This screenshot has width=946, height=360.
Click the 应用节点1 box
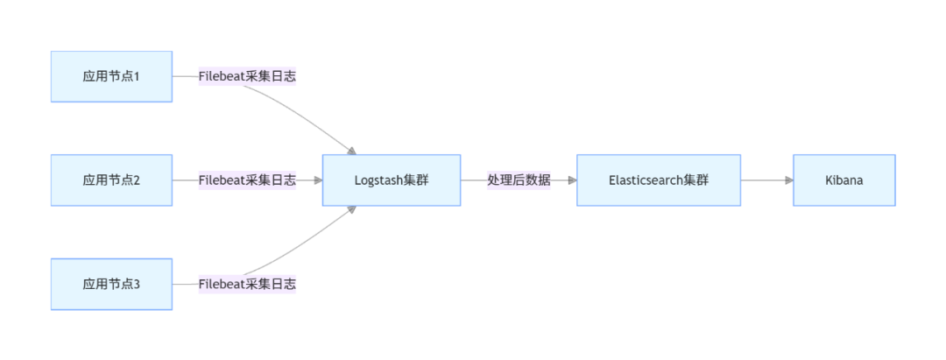[x=111, y=76]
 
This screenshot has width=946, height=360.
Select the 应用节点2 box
[x=111, y=180]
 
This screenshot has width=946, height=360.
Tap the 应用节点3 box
[x=111, y=284]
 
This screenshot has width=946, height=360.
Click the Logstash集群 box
[x=392, y=180]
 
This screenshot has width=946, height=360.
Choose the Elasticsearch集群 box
[x=659, y=180]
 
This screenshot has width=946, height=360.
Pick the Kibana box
[x=844, y=180]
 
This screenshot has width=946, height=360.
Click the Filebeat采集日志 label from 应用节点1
[x=247, y=76]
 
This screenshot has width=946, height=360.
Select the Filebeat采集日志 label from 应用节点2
[x=247, y=180]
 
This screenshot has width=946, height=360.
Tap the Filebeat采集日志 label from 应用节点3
[x=247, y=284]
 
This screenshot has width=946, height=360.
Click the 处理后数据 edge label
[x=519, y=180]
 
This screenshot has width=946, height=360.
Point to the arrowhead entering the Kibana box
[x=789, y=180]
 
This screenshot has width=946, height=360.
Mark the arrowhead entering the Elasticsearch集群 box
[x=572, y=180]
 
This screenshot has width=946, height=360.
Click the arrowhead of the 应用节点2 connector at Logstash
[x=318, y=180]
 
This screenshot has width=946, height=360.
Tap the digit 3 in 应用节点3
[x=138, y=284]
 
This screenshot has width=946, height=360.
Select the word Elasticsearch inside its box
[x=646, y=180]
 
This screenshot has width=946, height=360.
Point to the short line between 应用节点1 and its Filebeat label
[x=185, y=76]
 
